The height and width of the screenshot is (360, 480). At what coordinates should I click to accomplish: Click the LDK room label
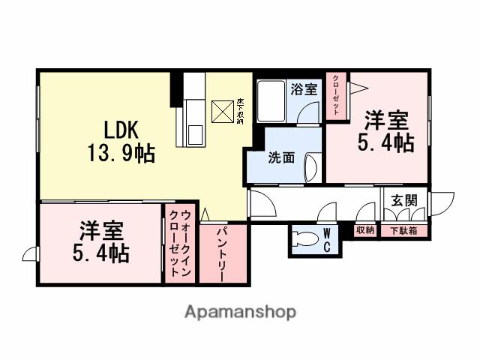[119, 129]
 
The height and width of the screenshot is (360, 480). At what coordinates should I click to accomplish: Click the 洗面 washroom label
[281, 158]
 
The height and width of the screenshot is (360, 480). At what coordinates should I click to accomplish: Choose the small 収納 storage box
[365, 231]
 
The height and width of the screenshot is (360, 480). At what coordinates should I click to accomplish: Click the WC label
[328, 241]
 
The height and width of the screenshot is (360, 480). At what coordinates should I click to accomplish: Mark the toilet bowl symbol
[307, 241]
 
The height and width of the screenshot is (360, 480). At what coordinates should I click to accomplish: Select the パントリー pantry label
[223, 255]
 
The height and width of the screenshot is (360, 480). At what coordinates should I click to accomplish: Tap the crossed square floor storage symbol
[223, 112]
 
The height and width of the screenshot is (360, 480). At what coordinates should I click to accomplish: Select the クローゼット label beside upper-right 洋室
[336, 94]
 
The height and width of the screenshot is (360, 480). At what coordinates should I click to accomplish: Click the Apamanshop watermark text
[240, 311]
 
